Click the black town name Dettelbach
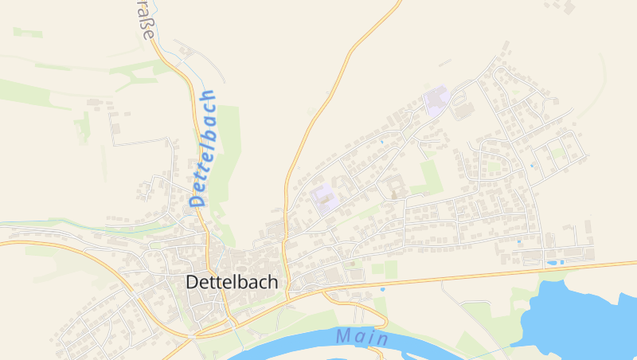coord(232,282)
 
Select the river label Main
coord(361,337)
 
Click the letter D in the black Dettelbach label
coord(192,282)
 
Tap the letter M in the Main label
coord(343,336)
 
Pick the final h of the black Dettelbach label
coord(272,282)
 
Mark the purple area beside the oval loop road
coord(436,101)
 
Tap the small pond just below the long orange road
coord(382,289)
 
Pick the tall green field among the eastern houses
coord(429,176)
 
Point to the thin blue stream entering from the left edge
coord(32,223)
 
